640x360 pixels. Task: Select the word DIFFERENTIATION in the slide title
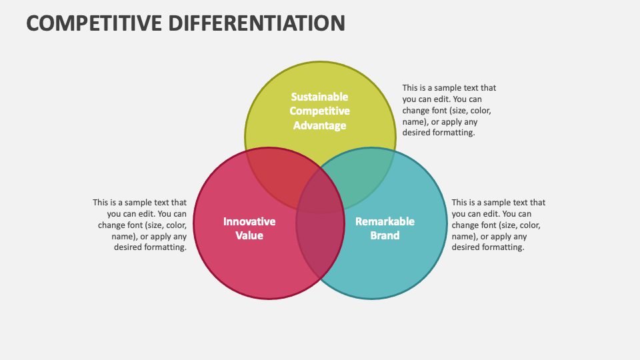[x=257, y=23]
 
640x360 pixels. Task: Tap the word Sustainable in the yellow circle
[x=320, y=97]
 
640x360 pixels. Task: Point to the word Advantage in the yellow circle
[x=320, y=125]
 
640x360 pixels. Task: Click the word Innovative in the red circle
[x=249, y=221]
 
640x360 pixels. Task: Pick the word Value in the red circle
[x=249, y=235]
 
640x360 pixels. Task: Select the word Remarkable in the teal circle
[x=385, y=221]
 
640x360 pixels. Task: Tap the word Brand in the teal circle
[x=385, y=235]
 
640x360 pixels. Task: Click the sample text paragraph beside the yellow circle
[x=449, y=110]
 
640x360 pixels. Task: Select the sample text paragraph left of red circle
[x=140, y=225]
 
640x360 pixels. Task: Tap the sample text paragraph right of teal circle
[x=498, y=225]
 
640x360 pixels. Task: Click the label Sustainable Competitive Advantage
[x=320, y=111]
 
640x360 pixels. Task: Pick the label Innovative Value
[x=249, y=228]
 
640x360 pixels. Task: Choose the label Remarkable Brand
[x=385, y=228]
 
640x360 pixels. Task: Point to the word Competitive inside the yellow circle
[x=320, y=111]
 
